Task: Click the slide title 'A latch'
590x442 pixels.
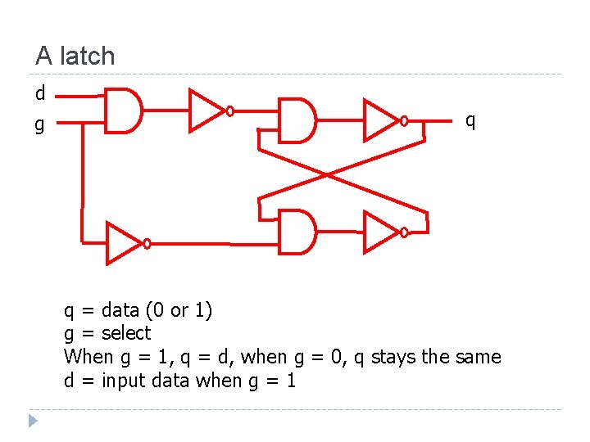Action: pyautogui.click(x=75, y=56)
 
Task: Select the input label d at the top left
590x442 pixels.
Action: pyautogui.click(x=40, y=93)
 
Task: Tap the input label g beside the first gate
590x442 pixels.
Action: pyautogui.click(x=39, y=125)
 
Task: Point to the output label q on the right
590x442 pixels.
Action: pyautogui.click(x=470, y=120)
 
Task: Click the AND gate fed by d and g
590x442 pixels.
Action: pyautogui.click(x=123, y=110)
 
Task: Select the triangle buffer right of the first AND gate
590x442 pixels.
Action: pyautogui.click(x=206, y=110)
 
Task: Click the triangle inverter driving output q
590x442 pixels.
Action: pyautogui.click(x=380, y=120)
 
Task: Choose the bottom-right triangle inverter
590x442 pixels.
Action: pyautogui.click(x=380, y=232)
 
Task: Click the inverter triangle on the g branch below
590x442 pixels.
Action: pyautogui.click(x=123, y=243)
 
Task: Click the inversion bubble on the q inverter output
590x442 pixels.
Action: pyautogui.click(x=404, y=121)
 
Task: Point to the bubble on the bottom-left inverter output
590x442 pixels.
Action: pyautogui.click(x=147, y=243)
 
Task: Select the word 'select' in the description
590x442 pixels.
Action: pyautogui.click(x=126, y=333)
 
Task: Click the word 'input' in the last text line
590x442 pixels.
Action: pyautogui.click(x=124, y=381)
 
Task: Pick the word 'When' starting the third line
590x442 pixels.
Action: pyautogui.click(x=88, y=357)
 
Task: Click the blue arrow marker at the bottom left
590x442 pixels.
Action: pyautogui.click(x=33, y=422)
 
